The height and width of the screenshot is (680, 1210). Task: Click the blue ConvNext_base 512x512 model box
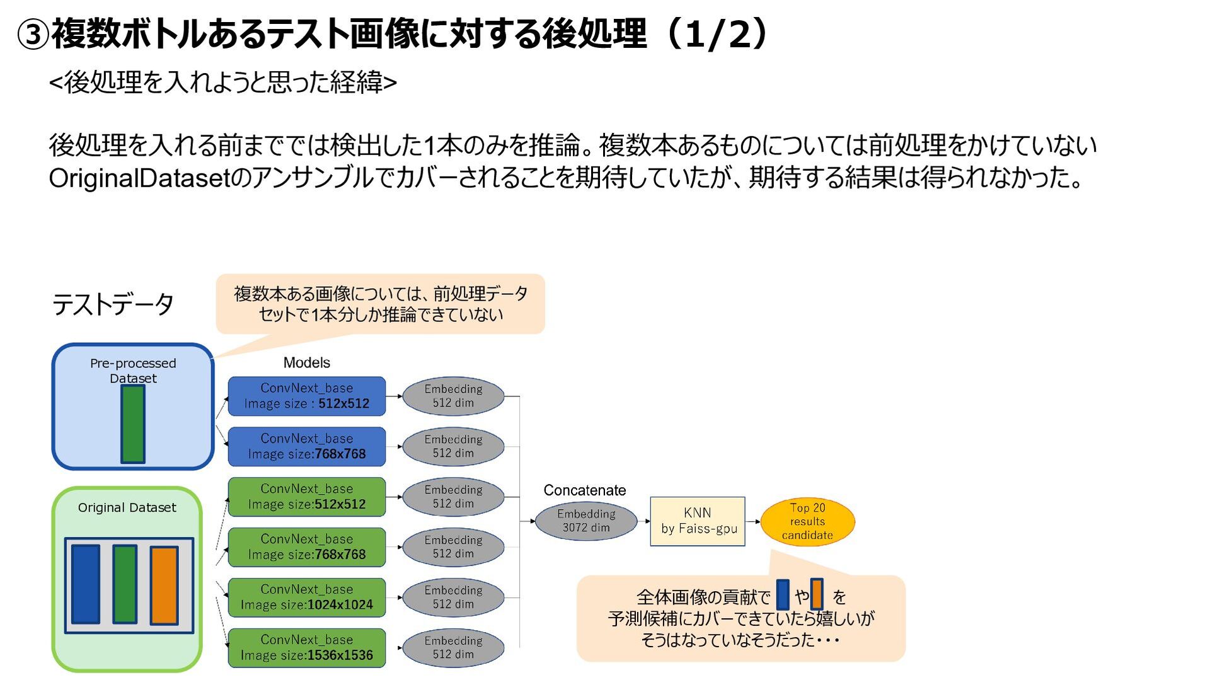point(306,396)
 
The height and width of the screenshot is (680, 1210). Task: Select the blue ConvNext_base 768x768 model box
point(306,447)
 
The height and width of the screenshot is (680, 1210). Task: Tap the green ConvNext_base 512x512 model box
point(306,497)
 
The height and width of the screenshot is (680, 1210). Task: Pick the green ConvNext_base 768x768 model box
point(306,547)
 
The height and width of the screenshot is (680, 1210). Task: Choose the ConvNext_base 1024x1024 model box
point(306,597)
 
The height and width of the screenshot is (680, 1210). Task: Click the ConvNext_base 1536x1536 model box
point(306,648)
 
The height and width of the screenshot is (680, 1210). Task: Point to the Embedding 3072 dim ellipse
point(586,521)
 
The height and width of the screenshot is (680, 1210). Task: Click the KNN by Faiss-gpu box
point(698,521)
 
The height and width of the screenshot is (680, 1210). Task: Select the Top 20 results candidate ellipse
point(807,521)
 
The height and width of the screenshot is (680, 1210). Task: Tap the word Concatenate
point(584,490)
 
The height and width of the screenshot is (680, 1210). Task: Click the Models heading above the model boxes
point(306,363)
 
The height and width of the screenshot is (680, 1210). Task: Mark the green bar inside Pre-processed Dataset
point(133,424)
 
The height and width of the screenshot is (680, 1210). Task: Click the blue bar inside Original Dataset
point(86,584)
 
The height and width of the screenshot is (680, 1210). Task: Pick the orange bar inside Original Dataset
point(164,585)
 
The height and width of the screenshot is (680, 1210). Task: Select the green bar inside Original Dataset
point(125,584)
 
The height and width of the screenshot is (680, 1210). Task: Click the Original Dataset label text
point(127,508)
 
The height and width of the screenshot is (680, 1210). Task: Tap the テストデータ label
point(113,305)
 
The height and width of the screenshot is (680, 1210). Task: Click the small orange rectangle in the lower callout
point(817,594)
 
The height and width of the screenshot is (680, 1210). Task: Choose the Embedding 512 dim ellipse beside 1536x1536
point(453,648)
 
